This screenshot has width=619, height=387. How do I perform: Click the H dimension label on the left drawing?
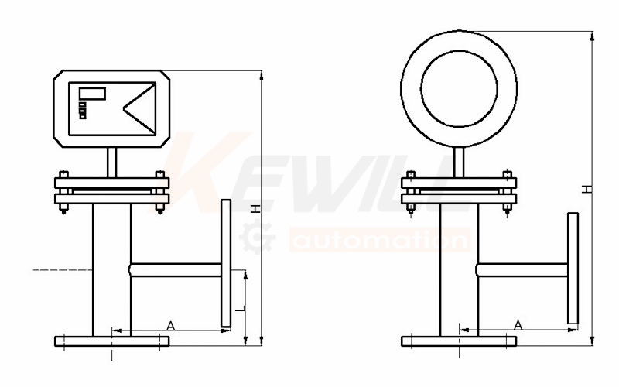[257, 208]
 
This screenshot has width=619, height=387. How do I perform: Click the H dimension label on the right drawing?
[588, 189]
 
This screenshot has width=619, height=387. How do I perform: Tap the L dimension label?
[241, 308]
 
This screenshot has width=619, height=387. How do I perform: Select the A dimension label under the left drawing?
[170, 326]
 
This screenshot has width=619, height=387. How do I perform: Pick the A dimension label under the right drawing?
[518, 325]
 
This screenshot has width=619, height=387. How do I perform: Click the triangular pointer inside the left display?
[139, 108]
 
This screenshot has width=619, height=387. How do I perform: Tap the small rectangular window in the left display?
[92, 94]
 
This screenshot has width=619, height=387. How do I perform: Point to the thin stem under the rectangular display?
[112, 163]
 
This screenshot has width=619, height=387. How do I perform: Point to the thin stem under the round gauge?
[459, 163]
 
